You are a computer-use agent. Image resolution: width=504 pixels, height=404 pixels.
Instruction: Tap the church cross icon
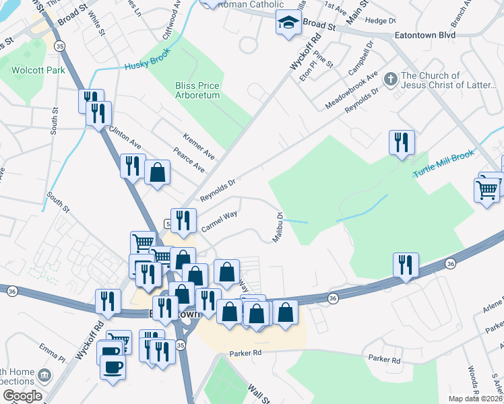390,79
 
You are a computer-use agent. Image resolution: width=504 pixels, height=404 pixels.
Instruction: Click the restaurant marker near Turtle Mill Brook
402,143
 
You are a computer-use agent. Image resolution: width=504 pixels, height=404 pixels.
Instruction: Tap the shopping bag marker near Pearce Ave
157,172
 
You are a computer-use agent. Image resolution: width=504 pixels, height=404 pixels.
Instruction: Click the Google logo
22,396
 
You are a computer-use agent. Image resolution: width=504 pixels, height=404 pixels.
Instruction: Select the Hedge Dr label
375,21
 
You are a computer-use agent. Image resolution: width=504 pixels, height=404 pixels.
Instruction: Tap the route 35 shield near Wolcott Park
60,46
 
